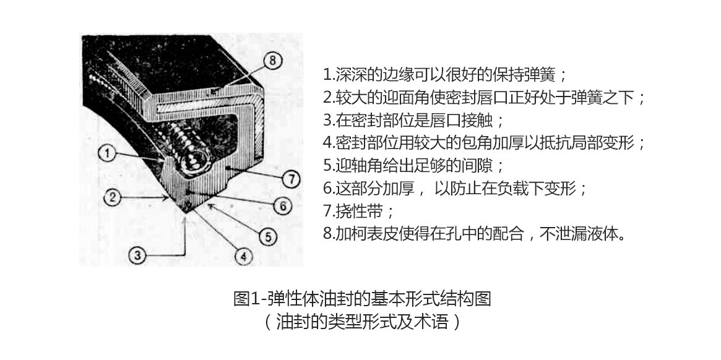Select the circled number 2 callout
[x=111, y=198]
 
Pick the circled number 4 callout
[x=243, y=254]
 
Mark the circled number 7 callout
[x=290, y=179]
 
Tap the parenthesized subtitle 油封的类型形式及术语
[x=361, y=322]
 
